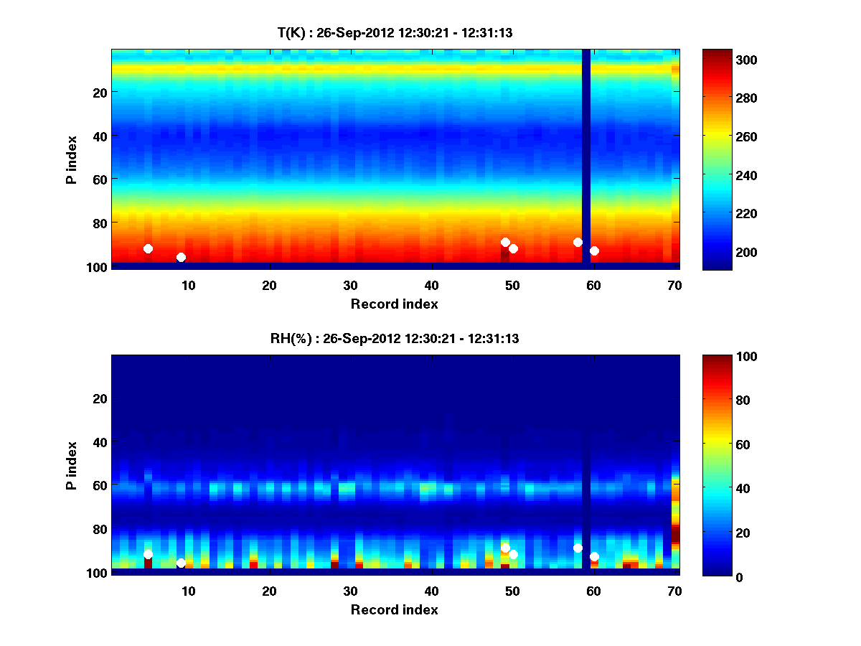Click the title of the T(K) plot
[395, 32]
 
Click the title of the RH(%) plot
[395, 338]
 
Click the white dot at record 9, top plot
[181, 257]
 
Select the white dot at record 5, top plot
[148, 248]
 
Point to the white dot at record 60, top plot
[594, 251]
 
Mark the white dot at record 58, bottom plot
[578, 548]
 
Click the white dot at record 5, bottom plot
[148, 554]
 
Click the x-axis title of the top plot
[395, 304]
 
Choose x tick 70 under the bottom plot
[674, 591]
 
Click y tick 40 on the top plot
[100, 135]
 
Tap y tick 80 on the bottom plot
[100, 529]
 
